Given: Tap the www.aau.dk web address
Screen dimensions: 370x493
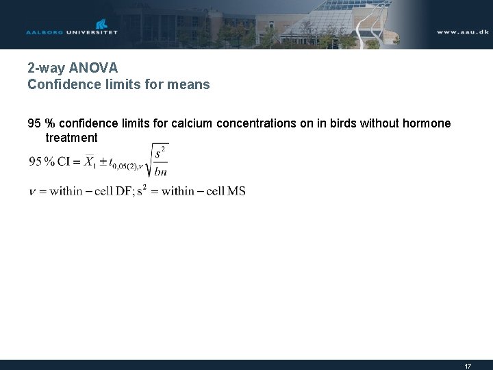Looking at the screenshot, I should [462, 32].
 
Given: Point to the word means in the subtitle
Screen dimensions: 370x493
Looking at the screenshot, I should [191, 86].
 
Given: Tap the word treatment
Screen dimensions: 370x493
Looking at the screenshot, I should [71, 138].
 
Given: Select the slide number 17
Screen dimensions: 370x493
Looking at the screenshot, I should [468, 366].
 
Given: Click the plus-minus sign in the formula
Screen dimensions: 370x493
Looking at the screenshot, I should [102, 162].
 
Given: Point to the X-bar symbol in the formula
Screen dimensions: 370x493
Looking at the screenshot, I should [90, 162].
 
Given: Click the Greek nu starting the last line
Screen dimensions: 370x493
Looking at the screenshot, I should [32, 192].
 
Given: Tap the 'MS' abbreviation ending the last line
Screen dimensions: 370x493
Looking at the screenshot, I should [236, 191].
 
